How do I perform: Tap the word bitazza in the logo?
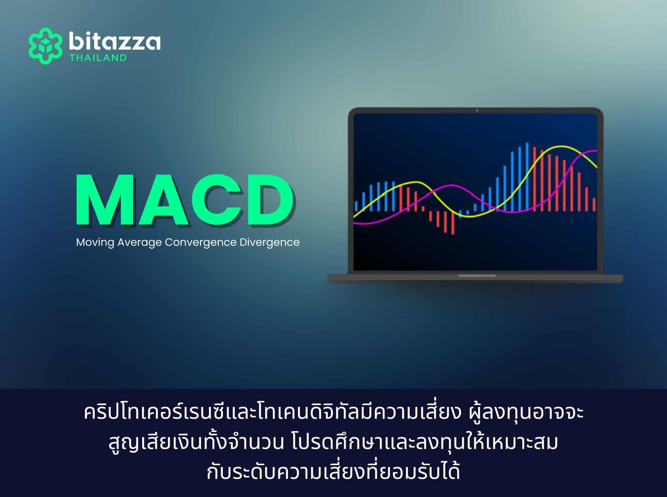coord(114,42)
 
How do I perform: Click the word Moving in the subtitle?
coord(95,243)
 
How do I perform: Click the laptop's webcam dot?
coord(477,110)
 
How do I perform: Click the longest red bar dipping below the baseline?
coord(453,223)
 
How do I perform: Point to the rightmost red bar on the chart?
coord(594,204)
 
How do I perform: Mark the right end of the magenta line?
coord(596,150)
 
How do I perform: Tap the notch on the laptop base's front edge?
coord(477,276)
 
